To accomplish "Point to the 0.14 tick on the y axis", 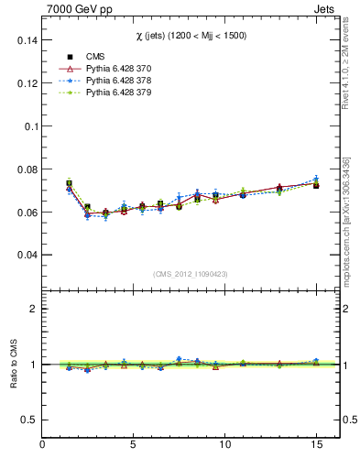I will [x=26, y=41].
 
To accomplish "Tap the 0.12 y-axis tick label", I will [x=26, y=84].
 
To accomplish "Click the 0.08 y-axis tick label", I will [x=26, y=169].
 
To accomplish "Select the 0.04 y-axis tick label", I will [x=26, y=255].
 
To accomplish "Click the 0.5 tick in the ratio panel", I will [x=29, y=420].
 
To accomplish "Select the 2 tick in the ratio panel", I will [x=34, y=309].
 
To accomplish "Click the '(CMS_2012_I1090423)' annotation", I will [x=191, y=273].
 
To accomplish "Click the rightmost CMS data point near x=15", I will [x=316, y=185].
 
